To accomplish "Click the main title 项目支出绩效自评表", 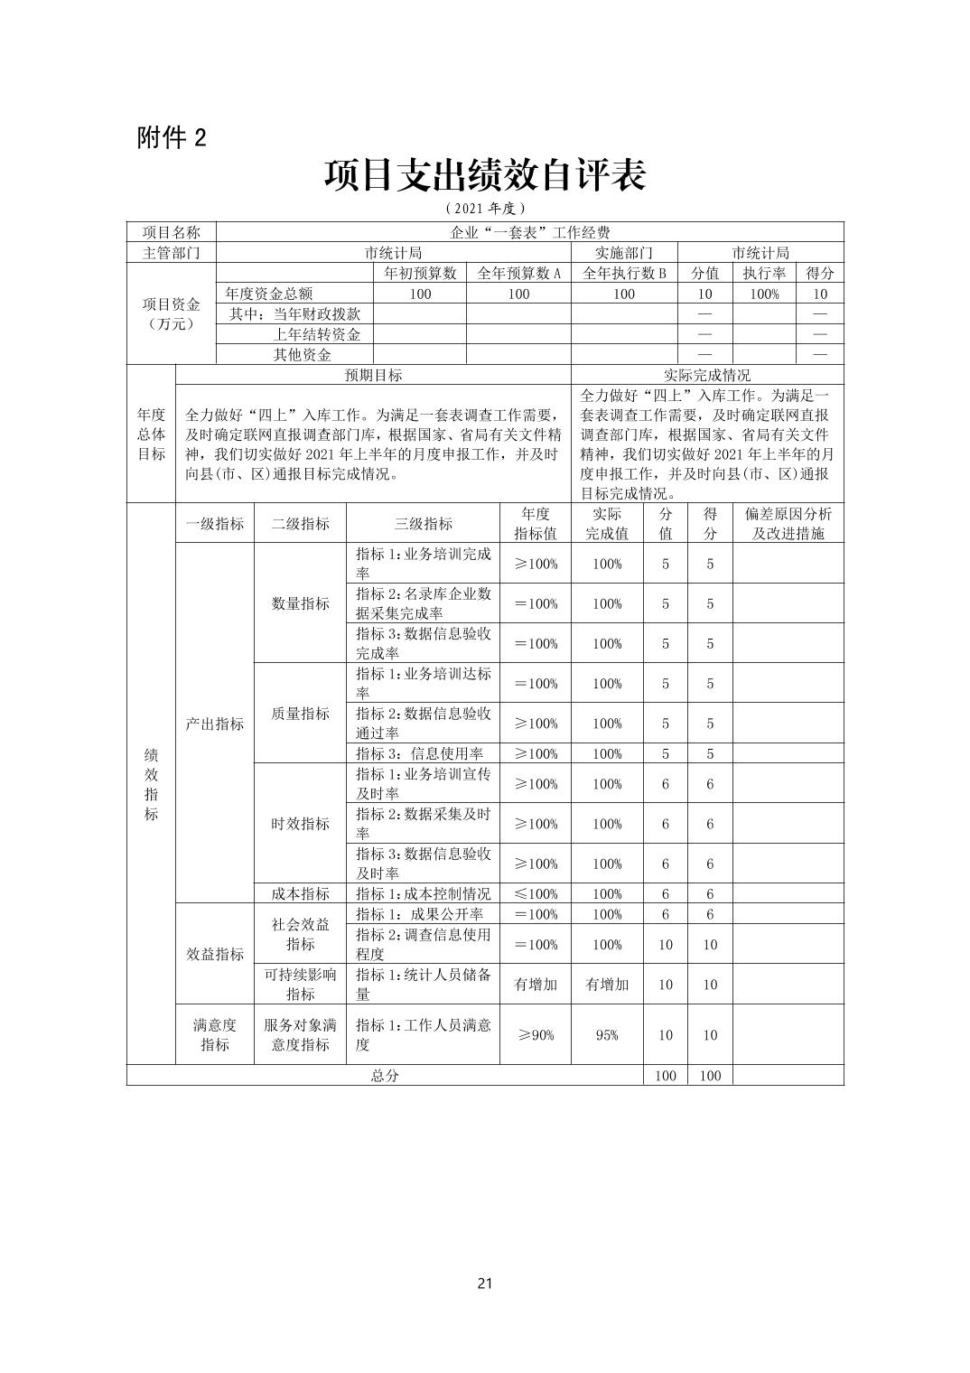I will tap(485, 176).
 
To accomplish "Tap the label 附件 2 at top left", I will tap(172, 137).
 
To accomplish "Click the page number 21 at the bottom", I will tap(485, 1284).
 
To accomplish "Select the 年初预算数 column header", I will tap(420, 273).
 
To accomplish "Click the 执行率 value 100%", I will tap(764, 294).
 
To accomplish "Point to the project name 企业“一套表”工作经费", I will tap(530, 232).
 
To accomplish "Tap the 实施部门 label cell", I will tap(623, 253).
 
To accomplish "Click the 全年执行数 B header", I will tap(624, 273).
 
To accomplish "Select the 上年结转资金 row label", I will tap(316, 334).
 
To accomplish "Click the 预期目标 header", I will tap(373, 375).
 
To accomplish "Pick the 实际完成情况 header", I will tap(707, 375).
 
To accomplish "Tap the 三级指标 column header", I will tap(423, 523).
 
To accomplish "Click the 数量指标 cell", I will tap(300, 603).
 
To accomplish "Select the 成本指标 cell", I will tap(300, 893).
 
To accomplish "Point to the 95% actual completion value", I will tap(607, 1034).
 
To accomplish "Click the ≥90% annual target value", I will tap(536, 1034).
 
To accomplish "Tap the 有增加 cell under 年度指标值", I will tap(536, 984).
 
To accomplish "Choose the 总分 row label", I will tap(385, 1075).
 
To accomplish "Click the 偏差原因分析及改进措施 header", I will tap(788, 523).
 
